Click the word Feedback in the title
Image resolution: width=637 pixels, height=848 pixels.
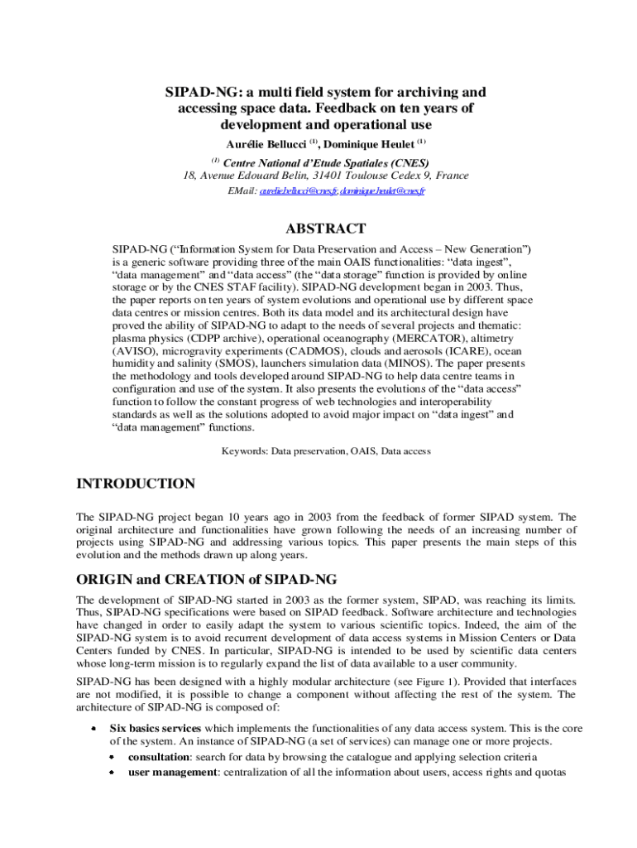[347, 108]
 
